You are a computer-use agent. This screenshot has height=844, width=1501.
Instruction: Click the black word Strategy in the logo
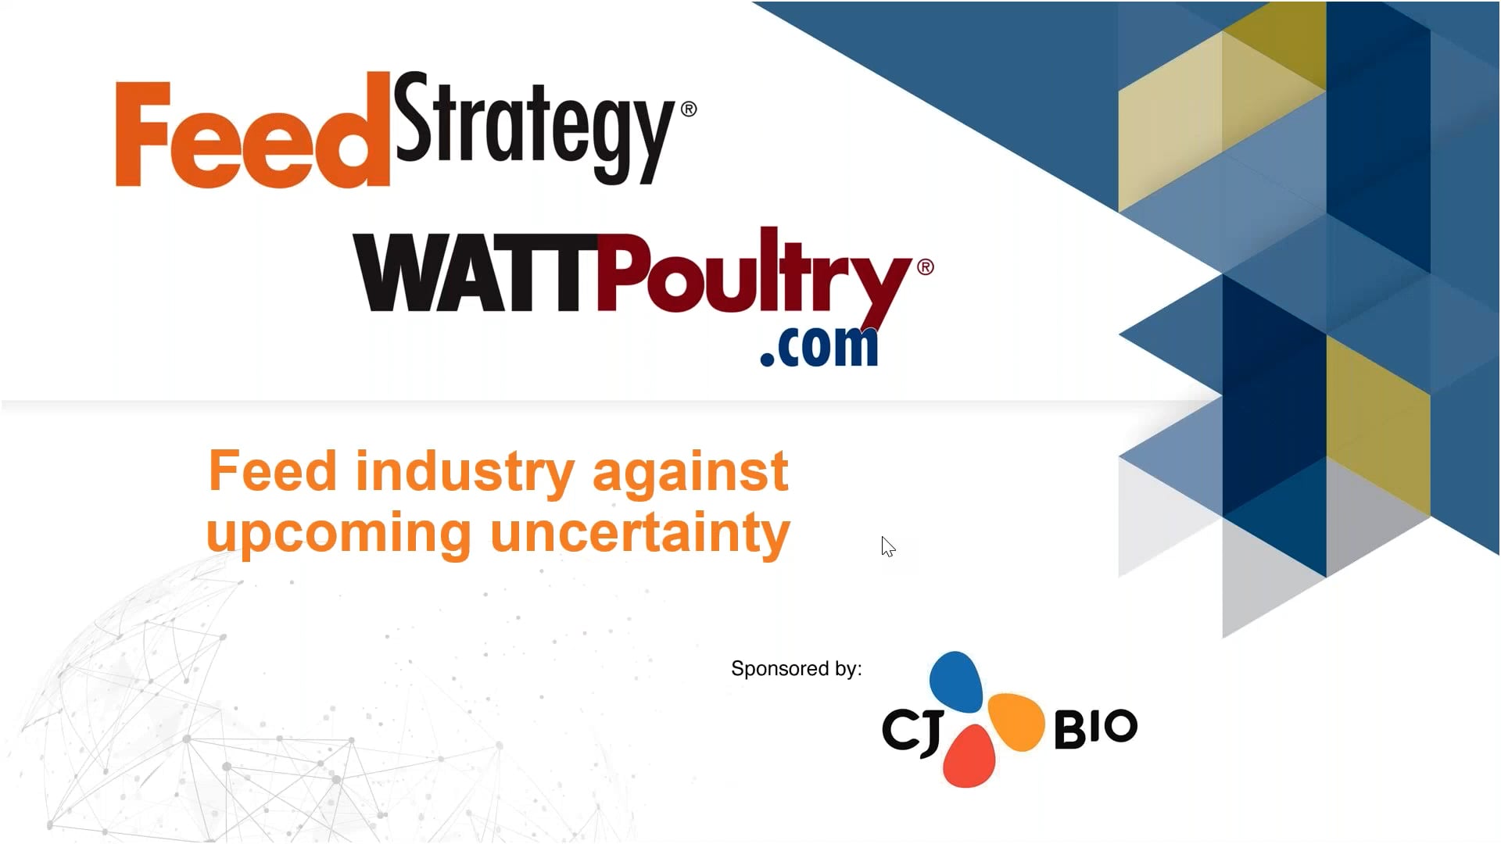coord(534,125)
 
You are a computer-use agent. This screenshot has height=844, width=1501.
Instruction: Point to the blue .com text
coord(819,346)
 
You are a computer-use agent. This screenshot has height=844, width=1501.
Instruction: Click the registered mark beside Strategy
coord(689,109)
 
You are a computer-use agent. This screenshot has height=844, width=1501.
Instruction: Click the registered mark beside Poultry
coord(925,267)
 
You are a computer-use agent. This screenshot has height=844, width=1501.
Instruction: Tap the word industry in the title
coord(465,472)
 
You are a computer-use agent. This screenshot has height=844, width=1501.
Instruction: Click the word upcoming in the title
coord(339,535)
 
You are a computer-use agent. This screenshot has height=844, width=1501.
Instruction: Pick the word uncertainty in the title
coord(640,533)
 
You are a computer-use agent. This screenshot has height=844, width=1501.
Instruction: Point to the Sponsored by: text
coord(796,669)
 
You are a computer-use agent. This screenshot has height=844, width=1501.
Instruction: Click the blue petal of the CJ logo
coord(955,681)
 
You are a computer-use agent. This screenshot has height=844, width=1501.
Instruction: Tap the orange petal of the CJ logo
coord(1016,721)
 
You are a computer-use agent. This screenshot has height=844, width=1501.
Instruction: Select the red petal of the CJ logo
coord(969,756)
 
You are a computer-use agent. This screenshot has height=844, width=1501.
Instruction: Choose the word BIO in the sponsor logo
coord(1095,728)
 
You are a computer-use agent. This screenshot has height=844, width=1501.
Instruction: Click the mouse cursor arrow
coord(887,546)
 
